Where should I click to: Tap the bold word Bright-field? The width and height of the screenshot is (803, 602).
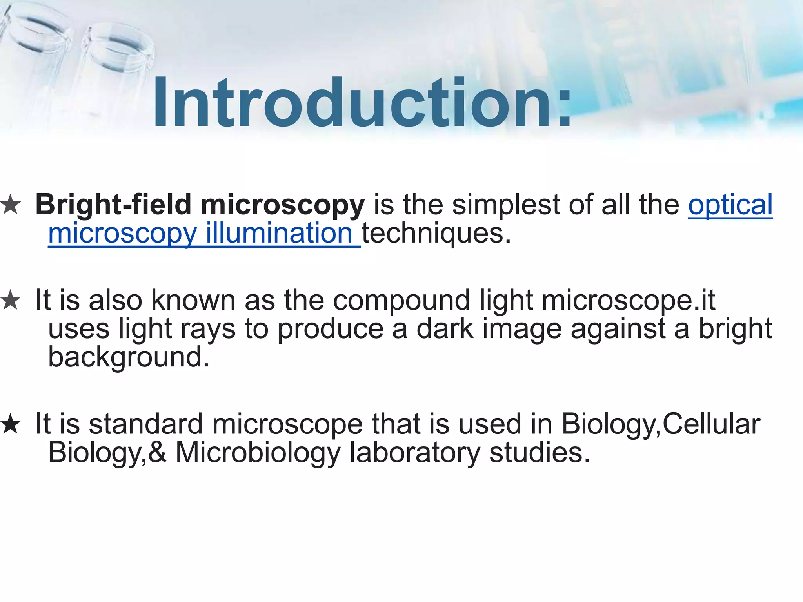coord(113,205)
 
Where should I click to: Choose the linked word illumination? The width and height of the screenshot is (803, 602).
coord(279,233)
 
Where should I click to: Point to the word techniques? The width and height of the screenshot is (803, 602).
coord(436,234)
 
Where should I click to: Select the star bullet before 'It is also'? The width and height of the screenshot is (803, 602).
coord(11,301)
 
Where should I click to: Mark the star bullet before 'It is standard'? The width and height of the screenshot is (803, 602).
coord(11,425)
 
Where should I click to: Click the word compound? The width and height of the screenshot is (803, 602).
coord(401,301)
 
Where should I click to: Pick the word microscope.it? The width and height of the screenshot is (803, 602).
coord(629,301)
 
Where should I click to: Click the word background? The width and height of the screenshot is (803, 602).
coord(129,357)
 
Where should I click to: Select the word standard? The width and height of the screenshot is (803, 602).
coord(146,424)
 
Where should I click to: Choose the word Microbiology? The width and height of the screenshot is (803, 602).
coord(258,453)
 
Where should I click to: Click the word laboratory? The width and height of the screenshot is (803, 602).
coord(415,453)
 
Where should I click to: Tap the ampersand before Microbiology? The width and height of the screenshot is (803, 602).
coord(158,452)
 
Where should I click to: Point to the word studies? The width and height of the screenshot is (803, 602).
coord(540,452)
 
